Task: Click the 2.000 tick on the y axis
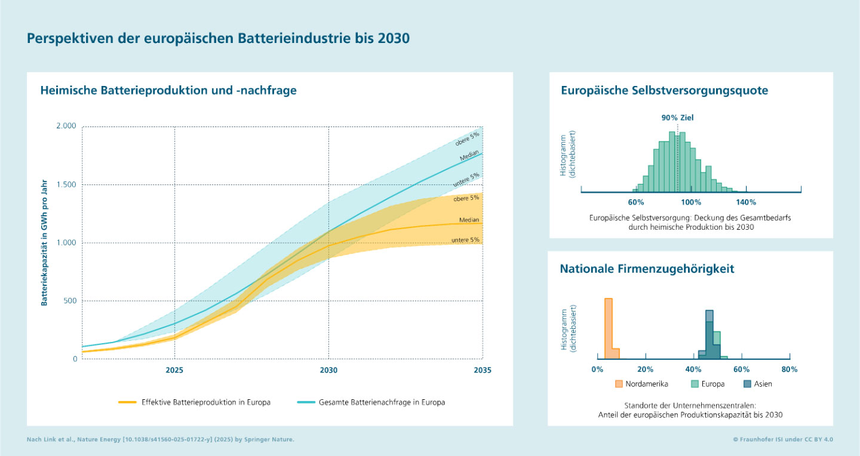click(66, 127)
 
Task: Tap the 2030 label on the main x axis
click(328, 371)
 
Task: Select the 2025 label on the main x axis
click(174, 371)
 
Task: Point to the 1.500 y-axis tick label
click(66, 185)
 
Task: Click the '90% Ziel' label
click(677, 118)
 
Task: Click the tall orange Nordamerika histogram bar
click(609, 326)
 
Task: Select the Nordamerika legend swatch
click(619, 384)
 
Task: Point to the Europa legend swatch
click(695, 384)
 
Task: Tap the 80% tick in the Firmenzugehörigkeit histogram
click(790, 369)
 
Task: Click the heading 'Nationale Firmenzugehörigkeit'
click(647, 269)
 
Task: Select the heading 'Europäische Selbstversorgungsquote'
click(664, 91)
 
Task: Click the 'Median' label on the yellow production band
click(469, 220)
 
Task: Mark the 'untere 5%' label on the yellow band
click(466, 240)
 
